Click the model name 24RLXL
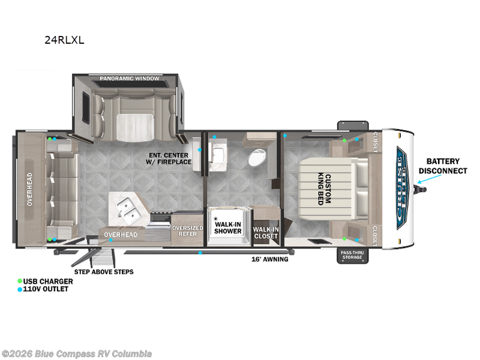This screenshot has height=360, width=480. pos(64,40)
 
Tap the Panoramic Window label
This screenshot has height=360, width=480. pos(130,79)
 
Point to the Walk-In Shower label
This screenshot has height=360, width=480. pos(228,228)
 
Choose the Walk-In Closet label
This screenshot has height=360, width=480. pos(266,233)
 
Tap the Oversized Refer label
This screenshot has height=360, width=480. pos(188,231)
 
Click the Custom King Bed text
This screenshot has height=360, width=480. pos(325,189)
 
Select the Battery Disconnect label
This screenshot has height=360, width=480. pos(443,166)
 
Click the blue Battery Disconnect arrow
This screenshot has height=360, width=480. pos(430,179)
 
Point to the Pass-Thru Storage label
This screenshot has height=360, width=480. pos(352,255)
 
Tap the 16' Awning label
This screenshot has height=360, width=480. pos(269,259)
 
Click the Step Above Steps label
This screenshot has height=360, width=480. pos(104,272)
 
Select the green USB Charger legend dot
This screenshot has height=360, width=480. pos(20,281)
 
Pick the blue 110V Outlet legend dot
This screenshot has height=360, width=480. pos(20,289)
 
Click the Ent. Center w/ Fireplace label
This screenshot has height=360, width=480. pos(169,158)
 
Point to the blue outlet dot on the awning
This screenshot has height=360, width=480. pos(200,253)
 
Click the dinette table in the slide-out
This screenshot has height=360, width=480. pos(134,127)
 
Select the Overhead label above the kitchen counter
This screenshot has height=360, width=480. pos(121,235)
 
